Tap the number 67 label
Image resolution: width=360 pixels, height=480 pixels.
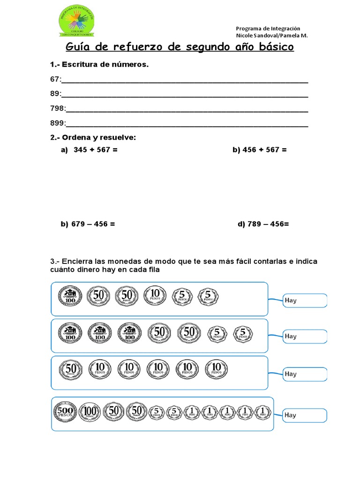tap(55, 79)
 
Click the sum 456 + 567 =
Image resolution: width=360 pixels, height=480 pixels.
tap(259, 150)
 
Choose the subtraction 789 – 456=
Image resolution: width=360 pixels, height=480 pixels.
tap(263, 224)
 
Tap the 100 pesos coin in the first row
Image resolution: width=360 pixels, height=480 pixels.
tap(70, 296)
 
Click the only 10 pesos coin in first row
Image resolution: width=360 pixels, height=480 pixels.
tap(155, 295)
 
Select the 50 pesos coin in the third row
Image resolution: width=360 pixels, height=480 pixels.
tap(71, 369)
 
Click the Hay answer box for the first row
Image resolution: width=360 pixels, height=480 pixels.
tap(305, 300)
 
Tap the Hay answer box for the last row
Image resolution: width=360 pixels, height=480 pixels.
tap(305, 415)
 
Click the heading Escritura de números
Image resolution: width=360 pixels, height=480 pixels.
tap(99, 65)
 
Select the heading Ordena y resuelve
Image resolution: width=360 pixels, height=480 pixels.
tap(93, 137)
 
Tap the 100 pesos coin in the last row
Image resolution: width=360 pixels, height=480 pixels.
tap(90, 412)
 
